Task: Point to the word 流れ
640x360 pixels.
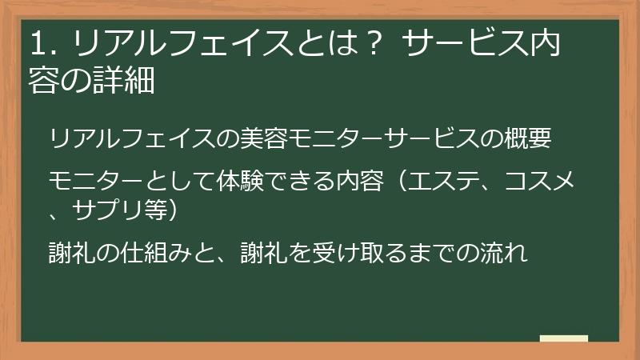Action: click(503, 254)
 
